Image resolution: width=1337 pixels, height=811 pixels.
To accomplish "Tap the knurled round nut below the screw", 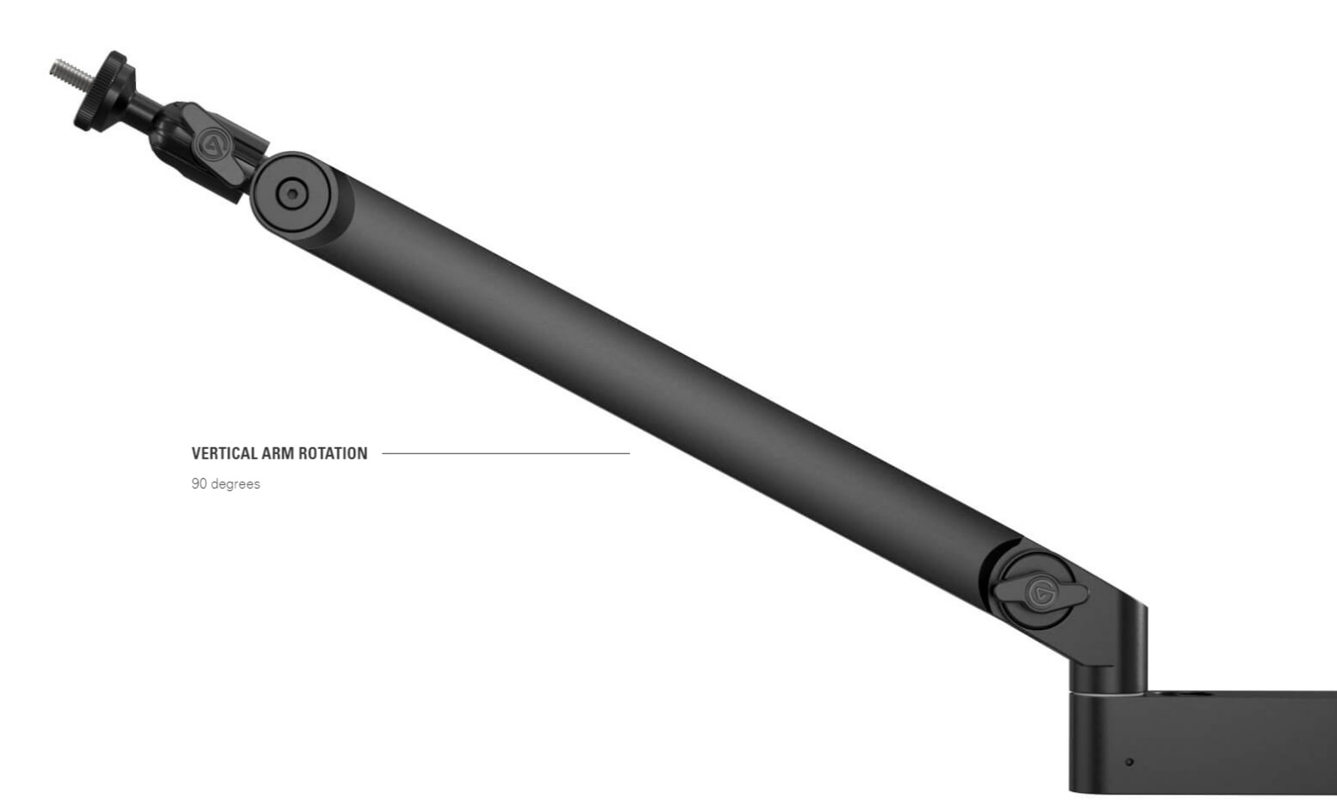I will point(100,91).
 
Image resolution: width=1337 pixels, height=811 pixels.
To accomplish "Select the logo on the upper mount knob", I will point(209,146).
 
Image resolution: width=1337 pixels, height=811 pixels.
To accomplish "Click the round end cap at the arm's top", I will point(293,194).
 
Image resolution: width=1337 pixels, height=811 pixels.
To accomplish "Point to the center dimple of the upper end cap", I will point(293,194).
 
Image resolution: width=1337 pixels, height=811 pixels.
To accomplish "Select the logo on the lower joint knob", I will point(1041,593).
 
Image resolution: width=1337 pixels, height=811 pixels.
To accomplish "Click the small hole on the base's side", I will point(1129,762).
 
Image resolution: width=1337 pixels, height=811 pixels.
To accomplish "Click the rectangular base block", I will point(1206,745).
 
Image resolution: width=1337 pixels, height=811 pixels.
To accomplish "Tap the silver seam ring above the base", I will point(1107,692).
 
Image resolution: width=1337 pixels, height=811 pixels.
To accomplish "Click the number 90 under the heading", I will point(199,484).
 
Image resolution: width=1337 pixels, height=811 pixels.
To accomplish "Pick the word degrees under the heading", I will point(235,484).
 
